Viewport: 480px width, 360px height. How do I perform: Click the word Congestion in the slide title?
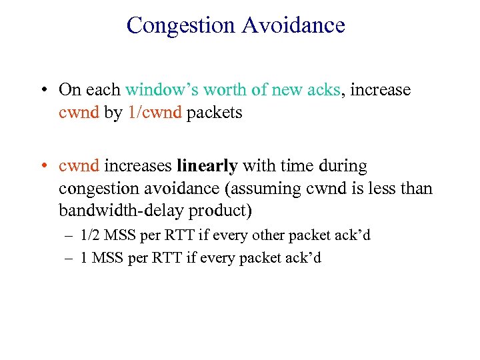pyautogui.click(x=181, y=25)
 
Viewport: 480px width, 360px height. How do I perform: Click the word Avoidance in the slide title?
pyautogui.click(x=293, y=25)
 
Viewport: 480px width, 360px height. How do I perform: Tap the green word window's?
pyautogui.click(x=157, y=89)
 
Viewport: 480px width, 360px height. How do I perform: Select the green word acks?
pyautogui.click(x=323, y=89)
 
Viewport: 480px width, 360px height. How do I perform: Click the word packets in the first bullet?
pyautogui.click(x=215, y=113)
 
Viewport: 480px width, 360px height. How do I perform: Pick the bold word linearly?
pyautogui.click(x=207, y=165)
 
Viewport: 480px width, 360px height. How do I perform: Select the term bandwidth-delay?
pyautogui.click(x=121, y=211)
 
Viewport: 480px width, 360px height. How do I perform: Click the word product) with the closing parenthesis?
pyautogui.click(x=221, y=211)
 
